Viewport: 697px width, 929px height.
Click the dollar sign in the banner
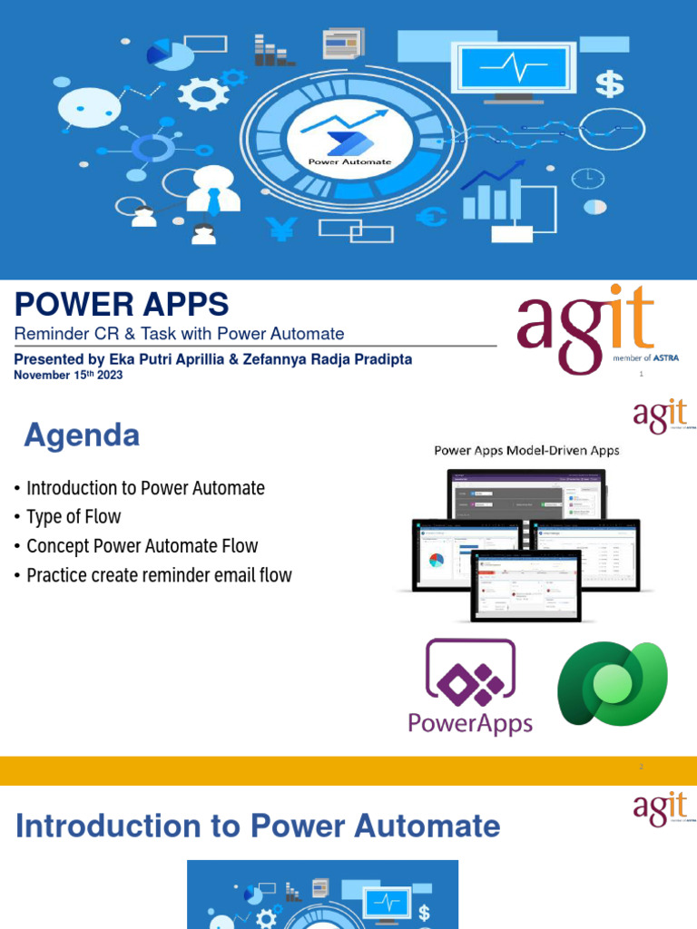click(x=609, y=84)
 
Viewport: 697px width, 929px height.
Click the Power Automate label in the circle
click(x=349, y=161)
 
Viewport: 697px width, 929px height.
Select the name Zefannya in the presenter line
click(x=269, y=359)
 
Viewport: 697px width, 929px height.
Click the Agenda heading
click(x=82, y=436)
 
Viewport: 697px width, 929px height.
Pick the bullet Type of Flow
click(x=74, y=517)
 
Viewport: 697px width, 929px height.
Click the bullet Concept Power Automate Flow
click(x=142, y=546)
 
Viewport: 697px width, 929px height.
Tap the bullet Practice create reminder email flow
click(x=159, y=575)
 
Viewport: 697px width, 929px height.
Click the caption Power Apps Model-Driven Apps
click(x=526, y=450)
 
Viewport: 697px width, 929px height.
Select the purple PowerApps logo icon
click(x=470, y=673)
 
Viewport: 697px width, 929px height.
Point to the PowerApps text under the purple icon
click(x=470, y=723)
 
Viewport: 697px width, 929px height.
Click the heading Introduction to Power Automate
click(x=258, y=826)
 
